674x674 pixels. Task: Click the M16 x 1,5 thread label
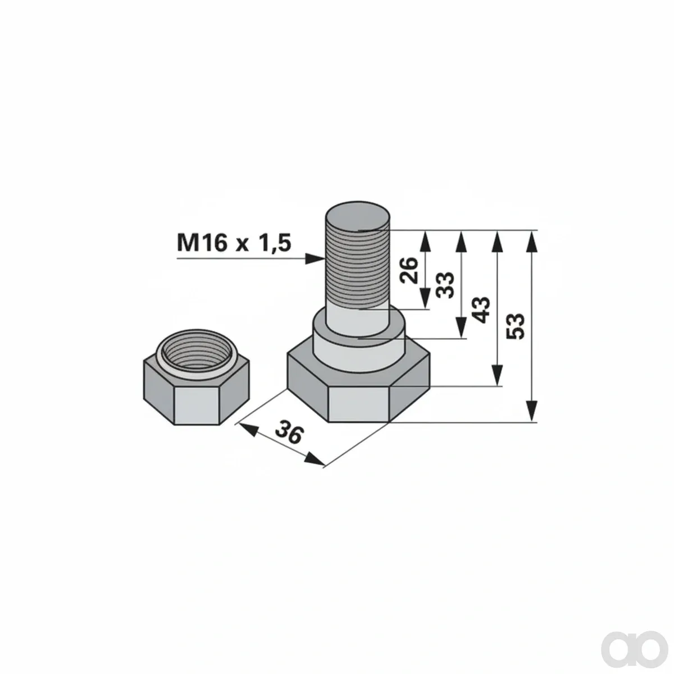[234, 243]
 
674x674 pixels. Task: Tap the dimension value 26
[409, 270]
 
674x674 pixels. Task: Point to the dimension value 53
[516, 326]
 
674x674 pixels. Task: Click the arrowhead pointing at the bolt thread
[315, 259]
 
